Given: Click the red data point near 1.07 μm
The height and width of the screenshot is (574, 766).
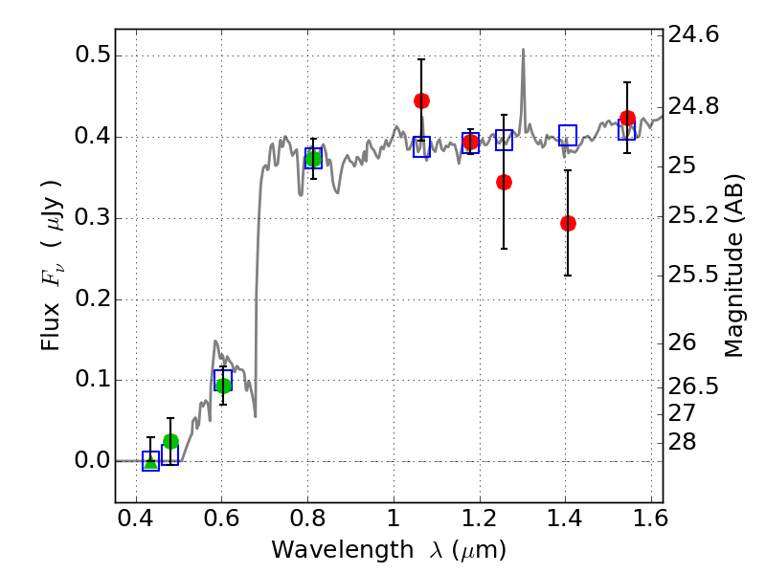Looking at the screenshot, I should coord(421,100).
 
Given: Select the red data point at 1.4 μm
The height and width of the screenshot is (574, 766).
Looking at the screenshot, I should coord(568,223).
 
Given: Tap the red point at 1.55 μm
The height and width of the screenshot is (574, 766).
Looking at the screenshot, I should coord(627,119).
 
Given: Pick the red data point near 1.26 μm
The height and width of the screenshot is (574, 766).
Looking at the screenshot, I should coord(504,182).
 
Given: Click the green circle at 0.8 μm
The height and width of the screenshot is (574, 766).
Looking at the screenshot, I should coord(313,159).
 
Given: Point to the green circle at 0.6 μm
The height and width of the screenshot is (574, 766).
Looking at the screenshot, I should coord(223,386).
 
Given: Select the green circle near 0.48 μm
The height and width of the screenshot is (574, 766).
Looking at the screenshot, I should coord(170,441).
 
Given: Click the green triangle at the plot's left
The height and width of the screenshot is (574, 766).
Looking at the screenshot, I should coord(150,460).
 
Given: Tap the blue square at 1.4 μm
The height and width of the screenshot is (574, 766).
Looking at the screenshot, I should coord(568,135).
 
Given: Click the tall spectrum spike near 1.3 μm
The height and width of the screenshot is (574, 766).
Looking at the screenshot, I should coord(523,53).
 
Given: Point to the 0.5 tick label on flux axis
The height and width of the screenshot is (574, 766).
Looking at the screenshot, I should coord(93,55).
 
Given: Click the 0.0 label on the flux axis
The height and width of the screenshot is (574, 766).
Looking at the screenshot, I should coord(93,461).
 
